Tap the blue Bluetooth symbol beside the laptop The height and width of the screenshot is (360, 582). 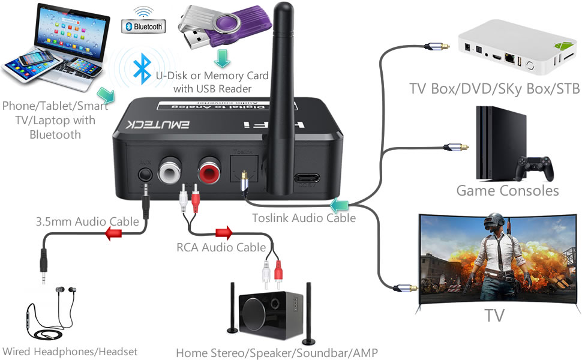click(141, 68)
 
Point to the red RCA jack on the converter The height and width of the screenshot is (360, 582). click(209, 173)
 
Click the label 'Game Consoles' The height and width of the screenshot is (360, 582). click(508, 191)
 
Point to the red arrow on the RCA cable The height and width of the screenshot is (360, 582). click(223, 232)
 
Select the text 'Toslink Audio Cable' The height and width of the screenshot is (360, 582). click(304, 218)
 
